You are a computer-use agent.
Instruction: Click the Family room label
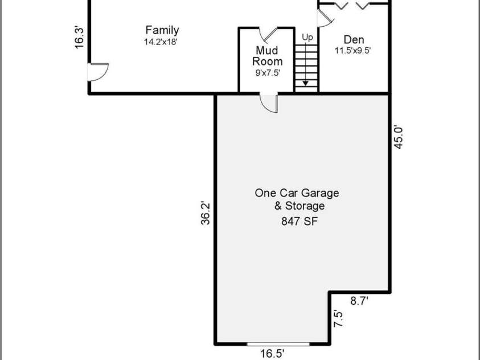162,30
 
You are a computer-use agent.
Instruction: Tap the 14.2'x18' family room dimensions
162,42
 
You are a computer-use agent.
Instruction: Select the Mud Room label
268,56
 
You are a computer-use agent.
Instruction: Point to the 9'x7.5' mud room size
268,72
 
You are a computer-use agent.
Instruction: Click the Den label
354,40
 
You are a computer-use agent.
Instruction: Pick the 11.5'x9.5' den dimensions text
353,50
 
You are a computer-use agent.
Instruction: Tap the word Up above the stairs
307,38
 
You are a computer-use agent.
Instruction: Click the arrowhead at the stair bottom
306,83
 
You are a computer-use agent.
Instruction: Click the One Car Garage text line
300,193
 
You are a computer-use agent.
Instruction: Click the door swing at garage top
269,103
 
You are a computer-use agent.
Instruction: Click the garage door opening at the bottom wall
278,344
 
